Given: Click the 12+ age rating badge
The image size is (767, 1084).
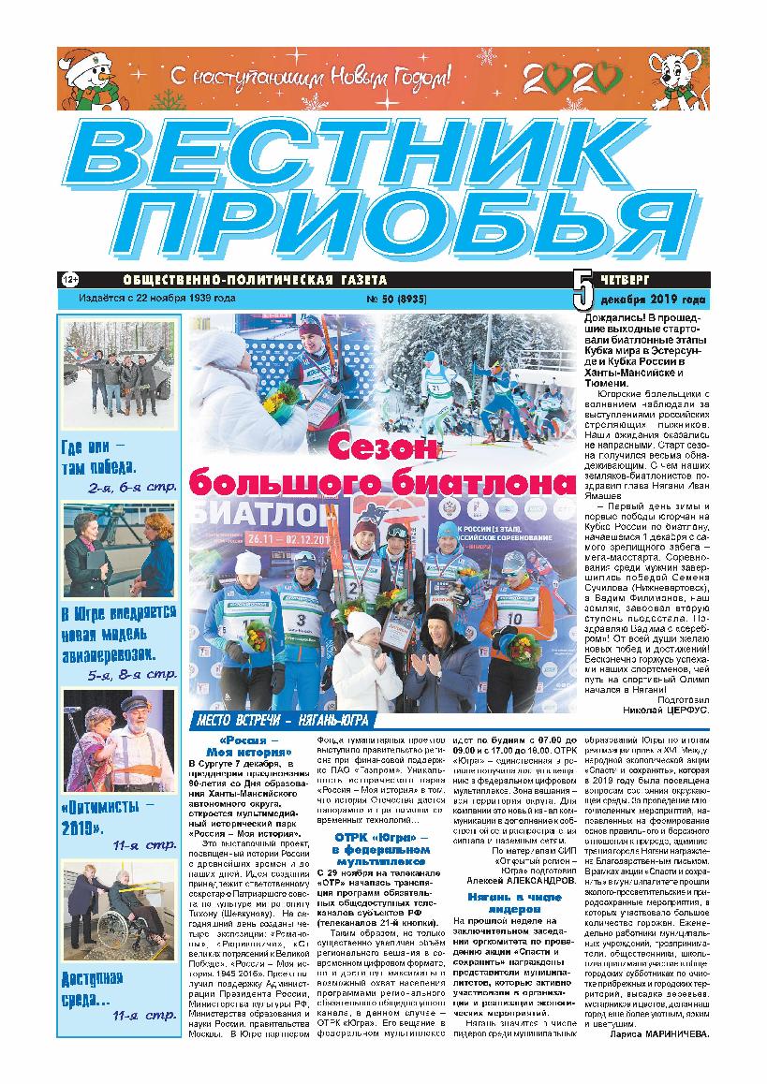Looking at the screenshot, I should click(68, 280).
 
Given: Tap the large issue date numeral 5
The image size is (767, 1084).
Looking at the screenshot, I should click(582, 290).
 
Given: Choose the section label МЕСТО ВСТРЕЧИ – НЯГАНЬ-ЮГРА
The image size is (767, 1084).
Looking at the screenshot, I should click(280, 720).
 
